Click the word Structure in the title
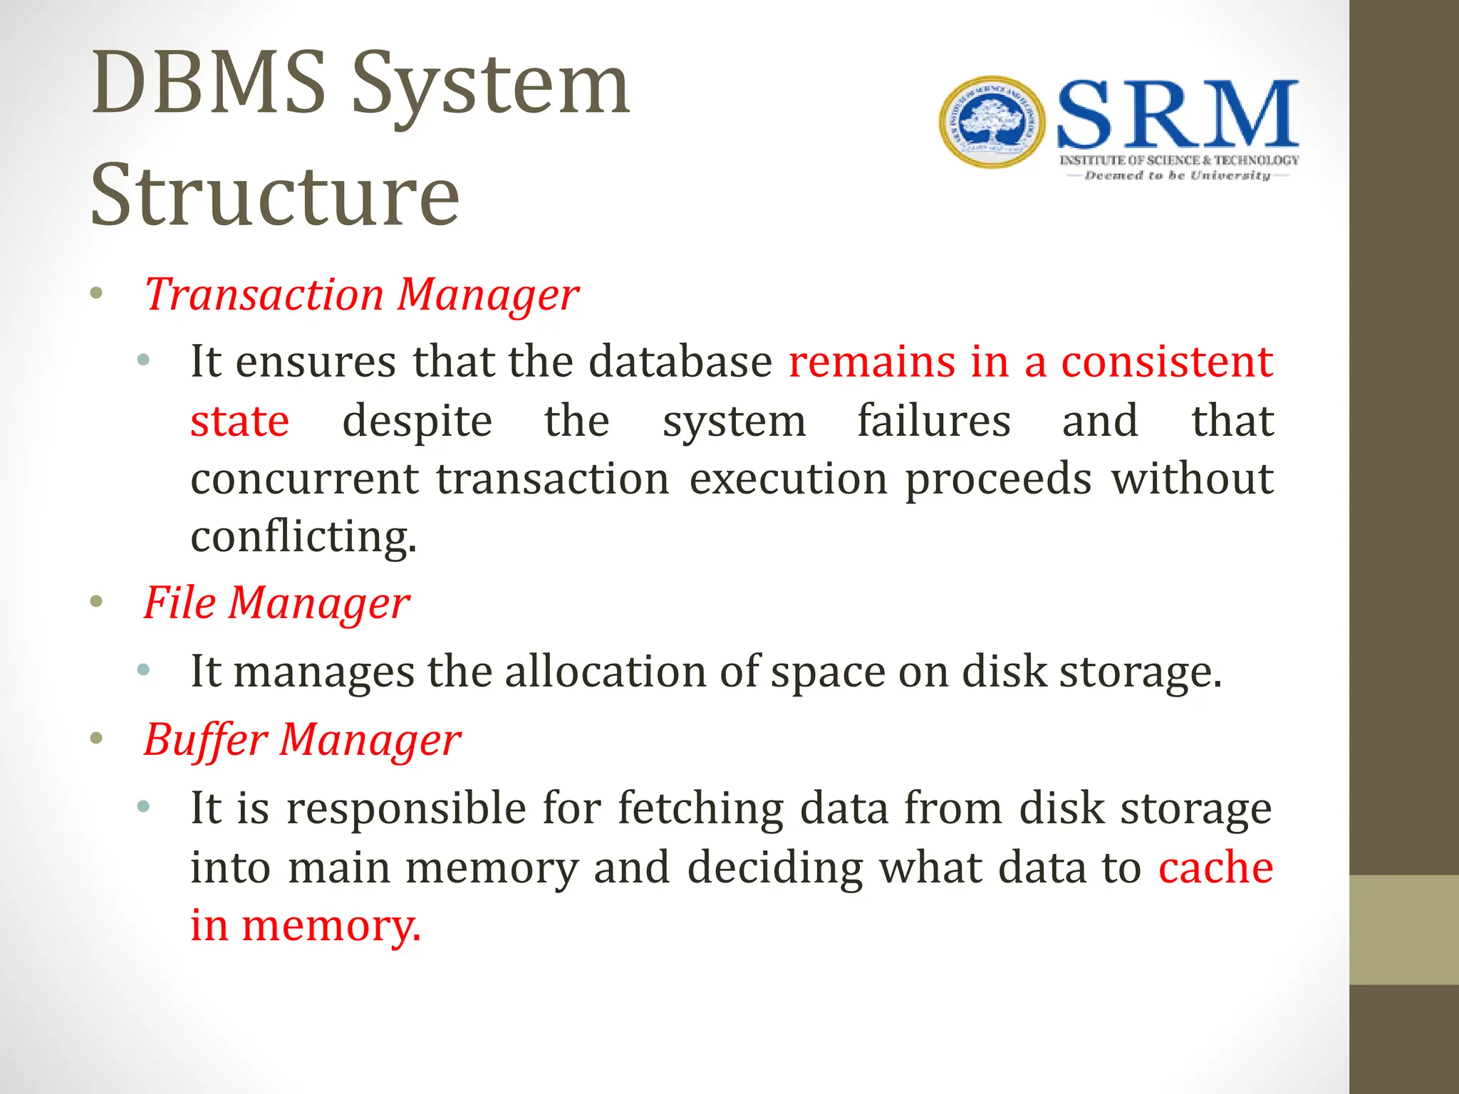(275, 195)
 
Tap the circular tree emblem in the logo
(992, 123)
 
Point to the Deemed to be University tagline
(1177, 175)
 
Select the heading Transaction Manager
(361, 295)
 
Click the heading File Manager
(276, 603)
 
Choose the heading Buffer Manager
(302, 740)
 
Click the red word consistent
(1166, 362)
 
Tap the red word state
(239, 421)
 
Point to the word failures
(933, 421)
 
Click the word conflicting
(303, 536)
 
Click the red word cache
(1215, 868)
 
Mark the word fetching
(700, 809)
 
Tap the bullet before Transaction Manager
(97, 293)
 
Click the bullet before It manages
(143, 669)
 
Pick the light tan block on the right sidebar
(1403, 929)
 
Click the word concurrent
(304, 479)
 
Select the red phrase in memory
(306, 926)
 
